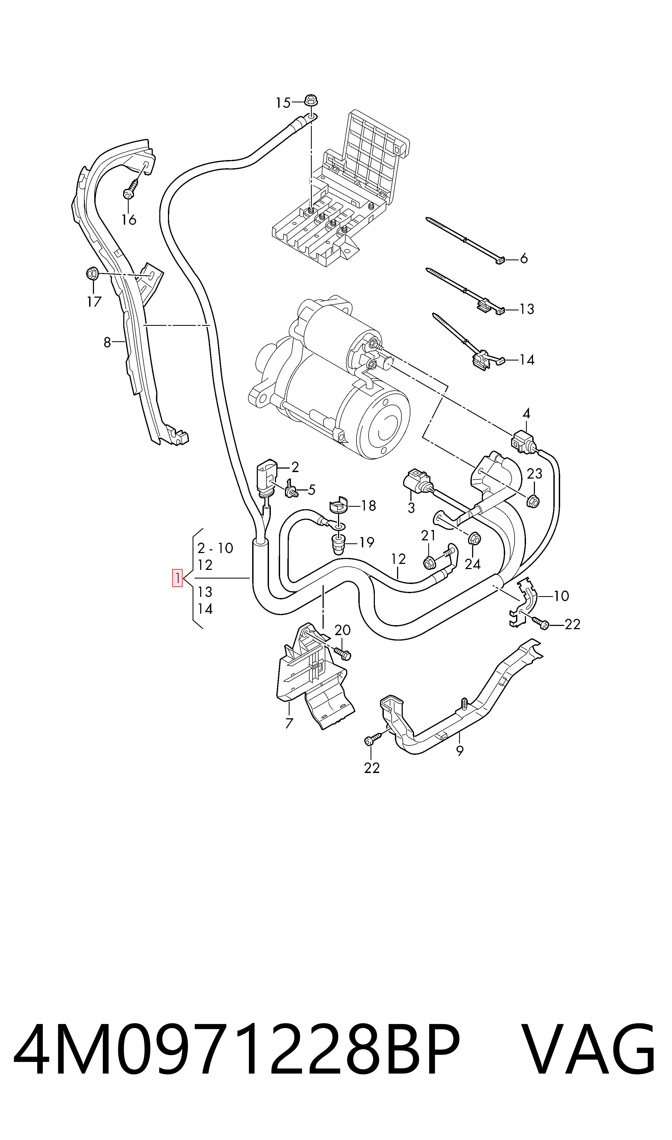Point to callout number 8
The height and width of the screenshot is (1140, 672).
point(107,342)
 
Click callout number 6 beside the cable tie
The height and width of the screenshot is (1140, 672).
point(524,258)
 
